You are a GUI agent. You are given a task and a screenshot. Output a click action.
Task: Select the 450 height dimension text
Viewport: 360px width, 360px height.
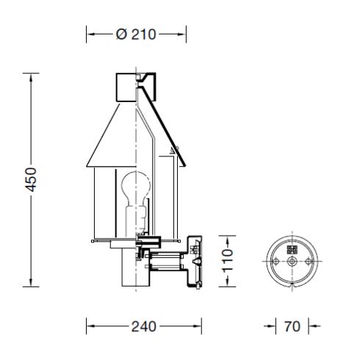(30, 180)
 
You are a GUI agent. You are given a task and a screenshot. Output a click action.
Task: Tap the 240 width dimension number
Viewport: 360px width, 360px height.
(144, 326)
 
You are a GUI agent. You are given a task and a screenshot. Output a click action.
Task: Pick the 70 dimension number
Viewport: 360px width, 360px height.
(292, 326)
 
